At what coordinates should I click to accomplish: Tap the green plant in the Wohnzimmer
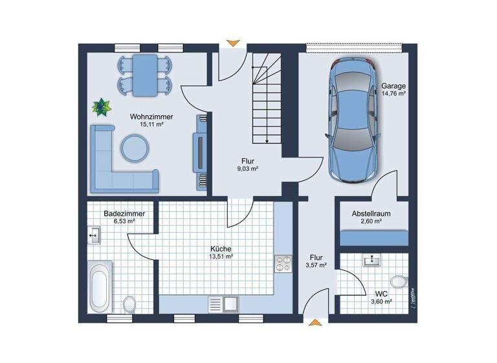(x=101, y=105)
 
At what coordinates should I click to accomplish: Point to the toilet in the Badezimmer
(x=129, y=303)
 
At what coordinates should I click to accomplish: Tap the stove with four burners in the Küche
(x=283, y=263)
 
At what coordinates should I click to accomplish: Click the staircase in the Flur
(x=265, y=97)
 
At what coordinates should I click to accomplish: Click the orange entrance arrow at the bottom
(x=315, y=322)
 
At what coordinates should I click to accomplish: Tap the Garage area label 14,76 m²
(x=393, y=94)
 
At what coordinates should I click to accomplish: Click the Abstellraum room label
(x=371, y=213)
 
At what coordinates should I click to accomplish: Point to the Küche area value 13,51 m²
(x=221, y=256)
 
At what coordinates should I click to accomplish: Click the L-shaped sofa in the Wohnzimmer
(x=116, y=165)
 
